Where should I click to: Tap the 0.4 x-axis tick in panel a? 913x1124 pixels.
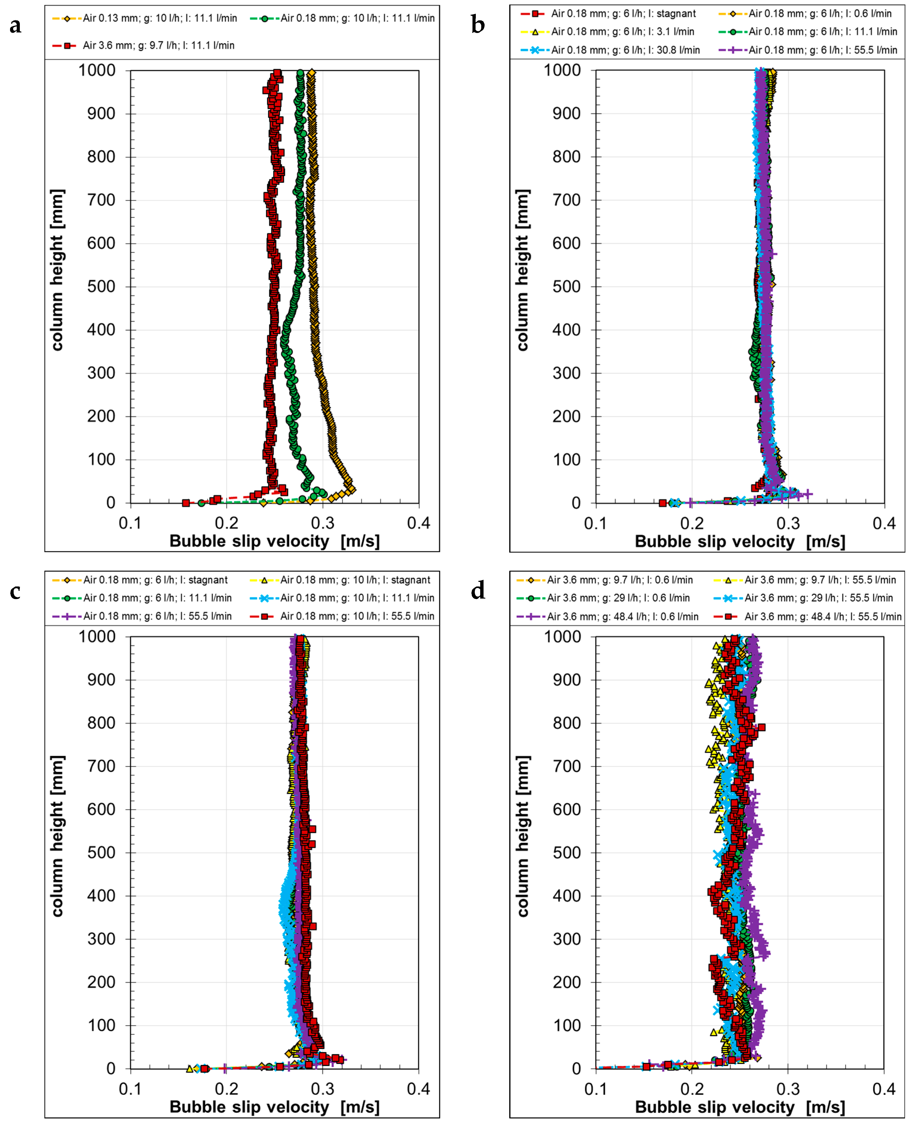tap(419, 523)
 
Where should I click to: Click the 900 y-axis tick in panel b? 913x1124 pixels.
tap(567, 114)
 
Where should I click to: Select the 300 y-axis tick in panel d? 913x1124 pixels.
tap(567, 940)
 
